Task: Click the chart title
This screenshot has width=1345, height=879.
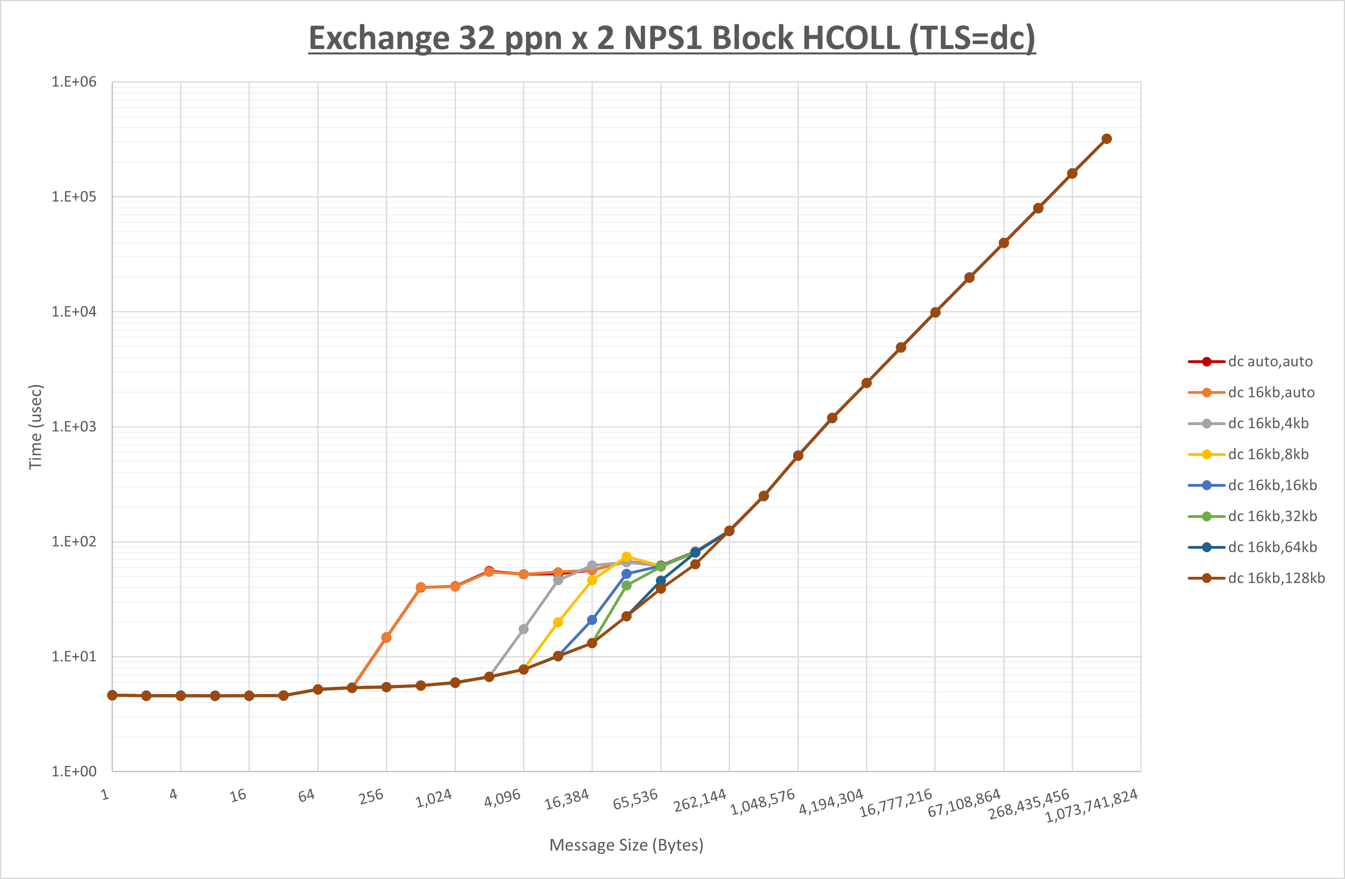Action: click(672, 38)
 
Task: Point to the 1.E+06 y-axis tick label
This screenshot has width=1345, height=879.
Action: click(74, 82)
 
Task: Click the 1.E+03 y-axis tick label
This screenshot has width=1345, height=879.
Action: click(74, 426)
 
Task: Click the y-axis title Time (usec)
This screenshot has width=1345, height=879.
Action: click(36, 427)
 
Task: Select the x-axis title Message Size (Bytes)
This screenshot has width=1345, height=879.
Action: click(626, 845)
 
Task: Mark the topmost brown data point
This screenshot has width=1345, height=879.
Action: click(1106, 139)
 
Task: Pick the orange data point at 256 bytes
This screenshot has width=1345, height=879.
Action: click(387, 638)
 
